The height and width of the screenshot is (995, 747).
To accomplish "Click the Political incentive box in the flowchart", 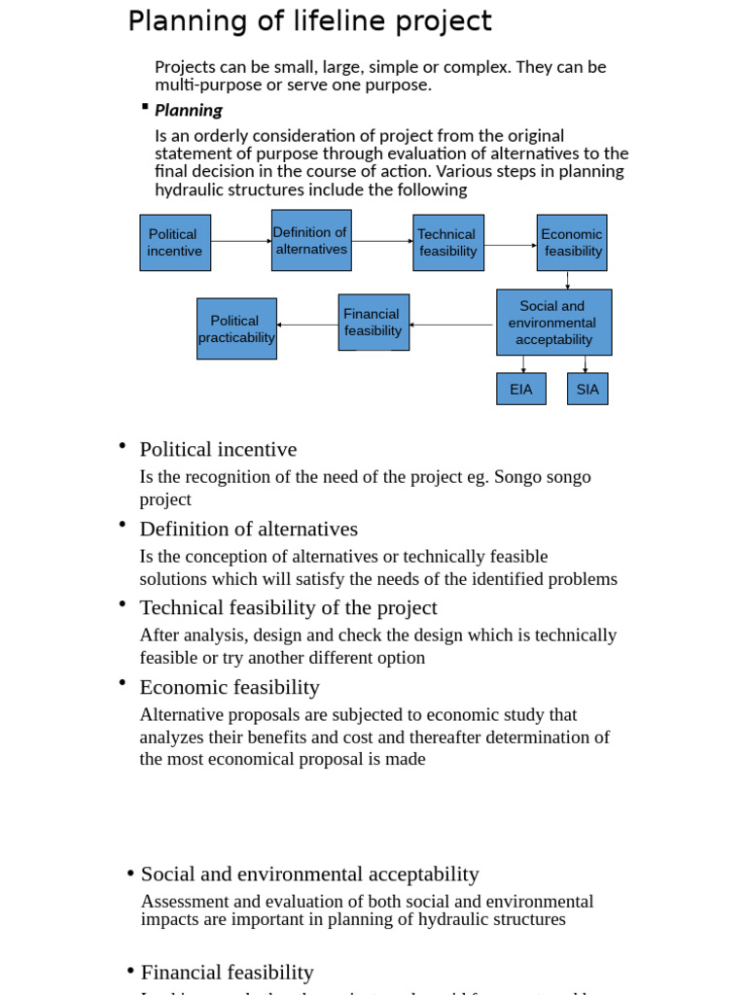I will (x=175, y=243).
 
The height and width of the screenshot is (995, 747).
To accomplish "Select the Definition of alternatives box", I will (x=311, y=240).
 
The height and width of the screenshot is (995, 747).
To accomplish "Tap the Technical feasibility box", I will (x=448, y=243).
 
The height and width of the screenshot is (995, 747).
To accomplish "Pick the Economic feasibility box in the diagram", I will (x=572, y=243).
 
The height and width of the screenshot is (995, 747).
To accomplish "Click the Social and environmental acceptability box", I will (x=553, y=323).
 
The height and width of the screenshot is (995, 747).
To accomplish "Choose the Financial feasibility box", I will (x=373, y=323).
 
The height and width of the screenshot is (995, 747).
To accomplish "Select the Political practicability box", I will (x=236, y=328).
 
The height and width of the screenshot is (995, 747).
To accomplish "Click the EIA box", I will (x=521, y=390).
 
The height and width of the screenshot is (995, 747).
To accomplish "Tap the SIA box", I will (x=587, y=390).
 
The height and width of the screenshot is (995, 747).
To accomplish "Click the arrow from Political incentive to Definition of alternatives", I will (x=240, y=240).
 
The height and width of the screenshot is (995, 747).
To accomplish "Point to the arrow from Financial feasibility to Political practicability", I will (x=307, y=325).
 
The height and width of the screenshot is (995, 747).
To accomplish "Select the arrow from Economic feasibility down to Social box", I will (x=568, y=280).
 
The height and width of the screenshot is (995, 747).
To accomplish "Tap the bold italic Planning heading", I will (x=189, y=110).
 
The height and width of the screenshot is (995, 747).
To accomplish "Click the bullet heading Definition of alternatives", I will (x=249, y=529).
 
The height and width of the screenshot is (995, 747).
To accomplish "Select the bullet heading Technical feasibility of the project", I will (x=289, y=607).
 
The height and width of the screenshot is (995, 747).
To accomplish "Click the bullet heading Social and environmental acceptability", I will (x=310, y=874).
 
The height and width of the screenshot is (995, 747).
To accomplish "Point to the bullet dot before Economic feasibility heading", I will (x=123, y=683).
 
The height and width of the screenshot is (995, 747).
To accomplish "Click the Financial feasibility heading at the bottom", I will (x=228, y=972).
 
